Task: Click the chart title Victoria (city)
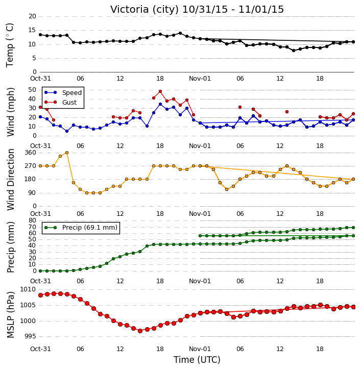145,10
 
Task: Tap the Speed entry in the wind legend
72,93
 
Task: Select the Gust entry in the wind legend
69,102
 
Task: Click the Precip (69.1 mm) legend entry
90,228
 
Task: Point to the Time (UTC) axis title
197,360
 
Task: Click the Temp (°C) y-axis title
10,45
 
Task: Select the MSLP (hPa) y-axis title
11,315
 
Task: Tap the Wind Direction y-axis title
11,180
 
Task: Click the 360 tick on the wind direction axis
30,153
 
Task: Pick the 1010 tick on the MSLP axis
28,289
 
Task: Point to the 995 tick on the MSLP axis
30,336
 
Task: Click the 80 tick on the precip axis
32,220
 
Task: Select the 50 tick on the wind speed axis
32,90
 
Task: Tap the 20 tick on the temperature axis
32,16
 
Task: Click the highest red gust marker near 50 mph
160,91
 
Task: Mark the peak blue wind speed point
160,104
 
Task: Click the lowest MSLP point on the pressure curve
140,331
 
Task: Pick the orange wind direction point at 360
67,153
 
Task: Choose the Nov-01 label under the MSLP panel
200,349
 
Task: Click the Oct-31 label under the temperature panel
40,79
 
